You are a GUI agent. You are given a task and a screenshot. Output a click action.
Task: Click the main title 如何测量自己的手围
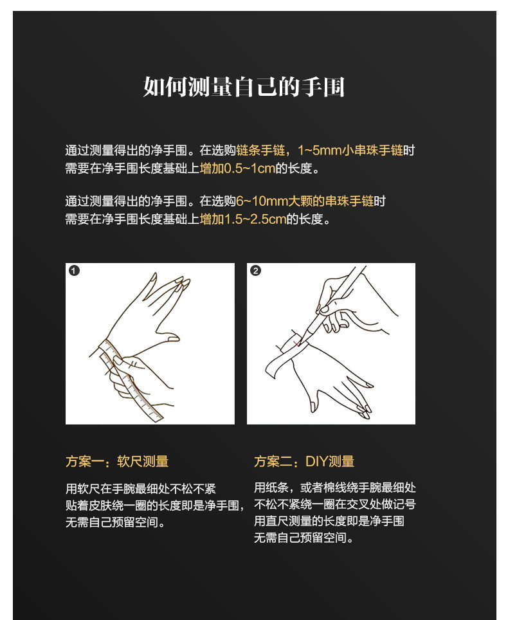pos(244,87)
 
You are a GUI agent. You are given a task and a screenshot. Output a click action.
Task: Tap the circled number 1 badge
pos(74,271)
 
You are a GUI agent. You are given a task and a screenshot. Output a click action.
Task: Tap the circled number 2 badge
pos(256,271)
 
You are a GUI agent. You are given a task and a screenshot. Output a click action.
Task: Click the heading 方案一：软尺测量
pos(117,461)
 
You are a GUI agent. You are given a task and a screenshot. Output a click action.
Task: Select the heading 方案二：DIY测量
pos(304,461)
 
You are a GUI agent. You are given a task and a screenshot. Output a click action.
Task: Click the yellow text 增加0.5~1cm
pos(237,169)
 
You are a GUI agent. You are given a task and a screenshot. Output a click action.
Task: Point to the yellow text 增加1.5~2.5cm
pos(242,219)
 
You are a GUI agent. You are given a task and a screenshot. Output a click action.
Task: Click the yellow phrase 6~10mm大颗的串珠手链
pos(305,201)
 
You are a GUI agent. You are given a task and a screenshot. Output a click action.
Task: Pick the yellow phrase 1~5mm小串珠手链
pos(350,150)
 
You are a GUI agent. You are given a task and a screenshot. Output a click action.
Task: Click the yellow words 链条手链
pos(260,150)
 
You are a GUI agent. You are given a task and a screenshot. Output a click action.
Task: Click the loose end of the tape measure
pos(158,416)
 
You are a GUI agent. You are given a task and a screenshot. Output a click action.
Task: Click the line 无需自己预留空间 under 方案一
pos(115,522)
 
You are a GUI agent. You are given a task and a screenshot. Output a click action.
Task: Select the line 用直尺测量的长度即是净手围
pos(329,521)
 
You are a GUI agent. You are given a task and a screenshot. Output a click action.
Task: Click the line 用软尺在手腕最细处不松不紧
pos(141,489)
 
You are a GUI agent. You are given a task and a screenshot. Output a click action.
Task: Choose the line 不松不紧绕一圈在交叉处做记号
pos(335,504)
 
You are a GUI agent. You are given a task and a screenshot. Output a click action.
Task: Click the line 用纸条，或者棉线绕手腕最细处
pos(335,488)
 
